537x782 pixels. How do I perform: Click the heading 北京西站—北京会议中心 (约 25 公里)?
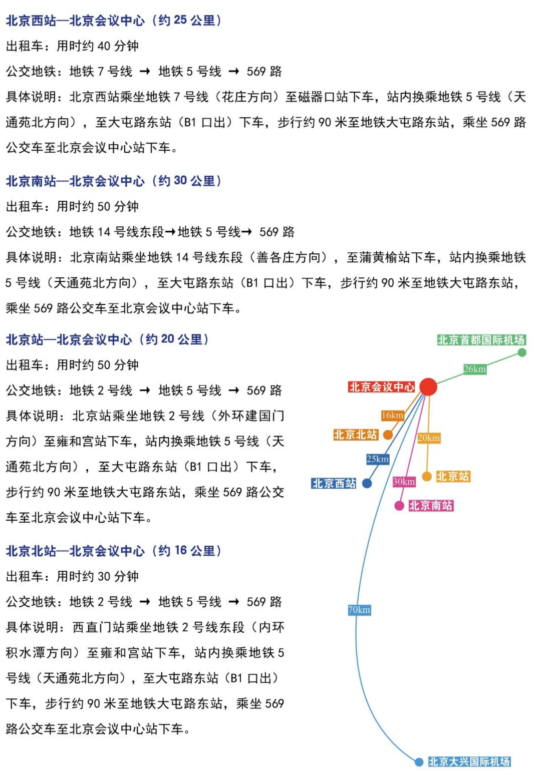114,21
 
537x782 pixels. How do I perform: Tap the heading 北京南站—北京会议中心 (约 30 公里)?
114,181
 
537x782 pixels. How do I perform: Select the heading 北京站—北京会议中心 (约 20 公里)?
107,339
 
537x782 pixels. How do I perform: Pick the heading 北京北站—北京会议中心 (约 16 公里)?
114,551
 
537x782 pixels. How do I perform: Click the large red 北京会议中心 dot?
428,387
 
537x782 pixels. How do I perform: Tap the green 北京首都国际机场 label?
481,340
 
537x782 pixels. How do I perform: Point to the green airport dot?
522,352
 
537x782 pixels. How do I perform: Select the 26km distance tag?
474,369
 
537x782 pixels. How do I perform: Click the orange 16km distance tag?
392,415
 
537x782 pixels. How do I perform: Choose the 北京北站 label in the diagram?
356,435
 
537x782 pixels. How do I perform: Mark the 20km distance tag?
429,438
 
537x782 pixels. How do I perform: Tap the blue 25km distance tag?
377,459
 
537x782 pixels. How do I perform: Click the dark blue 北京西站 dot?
367,483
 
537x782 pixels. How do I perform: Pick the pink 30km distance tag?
404,482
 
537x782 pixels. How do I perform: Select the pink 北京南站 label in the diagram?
431,506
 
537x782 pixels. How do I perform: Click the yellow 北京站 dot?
427,476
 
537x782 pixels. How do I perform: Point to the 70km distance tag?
359,610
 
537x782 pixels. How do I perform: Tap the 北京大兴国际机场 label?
469,761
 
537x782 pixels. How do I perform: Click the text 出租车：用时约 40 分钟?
72,46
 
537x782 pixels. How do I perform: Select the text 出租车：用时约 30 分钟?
72,576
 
